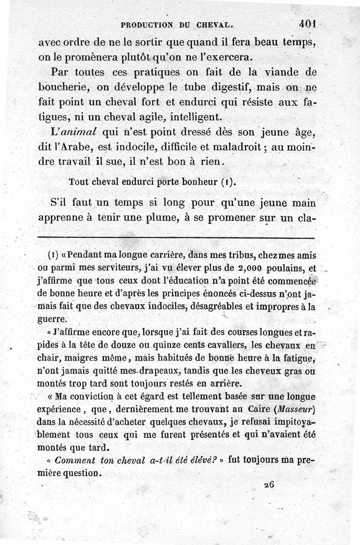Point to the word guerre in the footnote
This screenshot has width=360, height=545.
53,319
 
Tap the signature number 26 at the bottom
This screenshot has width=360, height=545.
270,484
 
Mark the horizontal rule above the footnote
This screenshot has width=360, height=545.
176,237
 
